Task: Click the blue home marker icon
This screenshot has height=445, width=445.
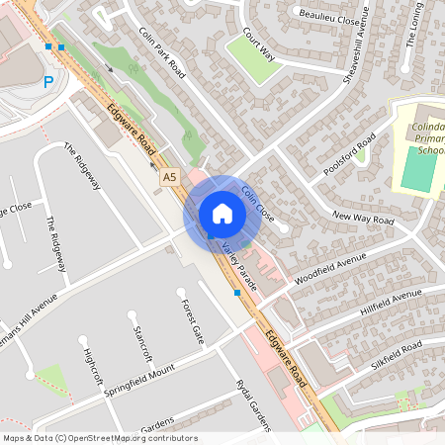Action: [222, 214]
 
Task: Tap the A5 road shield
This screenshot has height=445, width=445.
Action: [170, 177]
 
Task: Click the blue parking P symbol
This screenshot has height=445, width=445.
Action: [48, 84]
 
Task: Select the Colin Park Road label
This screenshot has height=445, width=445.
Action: [163, 52]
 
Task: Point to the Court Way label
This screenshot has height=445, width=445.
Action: [256, 44]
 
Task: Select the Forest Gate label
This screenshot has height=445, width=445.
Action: [192, 320]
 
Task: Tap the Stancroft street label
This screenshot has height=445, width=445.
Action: [143, 341]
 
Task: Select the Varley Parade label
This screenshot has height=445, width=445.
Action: [240, 259]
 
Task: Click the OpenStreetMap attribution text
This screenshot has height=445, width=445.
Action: [100, 438]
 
